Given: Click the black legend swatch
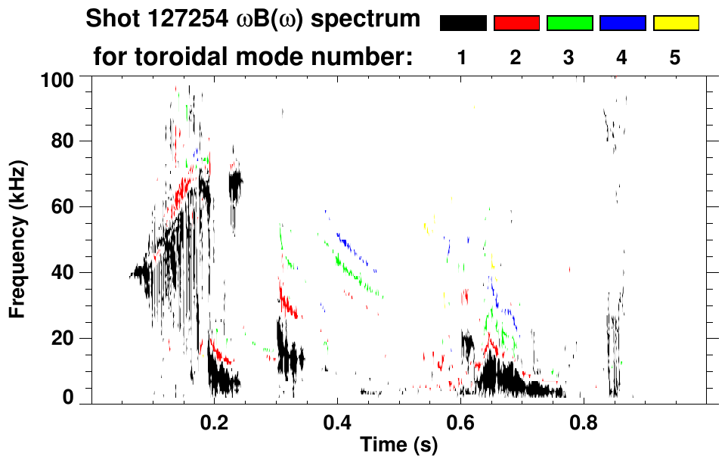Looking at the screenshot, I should pos(463,23).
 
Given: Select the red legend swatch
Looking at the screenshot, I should pos(516,23).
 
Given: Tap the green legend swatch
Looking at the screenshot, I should pos(569,23).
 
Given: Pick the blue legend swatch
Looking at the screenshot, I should pos(622,23).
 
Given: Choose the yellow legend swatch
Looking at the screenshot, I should pos(675,23).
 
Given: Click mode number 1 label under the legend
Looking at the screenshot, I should pos(462,57).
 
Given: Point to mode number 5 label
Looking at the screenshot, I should pos(675,57).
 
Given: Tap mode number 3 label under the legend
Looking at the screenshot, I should pos(568,57).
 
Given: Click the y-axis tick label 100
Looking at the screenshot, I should pos(57,79).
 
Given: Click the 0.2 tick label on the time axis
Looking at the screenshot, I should pos(214,422).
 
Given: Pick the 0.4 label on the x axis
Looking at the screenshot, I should pos(337,422).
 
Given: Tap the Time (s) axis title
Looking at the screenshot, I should pos(398,446).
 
